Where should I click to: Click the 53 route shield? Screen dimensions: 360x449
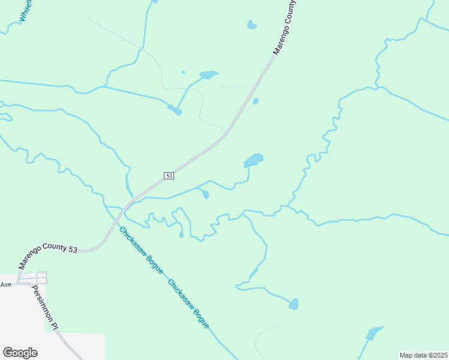pyautogui.click(x=169, y=175)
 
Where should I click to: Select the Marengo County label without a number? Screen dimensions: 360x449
pyautogui.click(x=285, y=27)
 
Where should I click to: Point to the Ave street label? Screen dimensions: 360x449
pyautogui.click(x=6, y=284)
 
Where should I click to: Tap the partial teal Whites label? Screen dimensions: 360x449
pyautogui.click(x=25, y=11)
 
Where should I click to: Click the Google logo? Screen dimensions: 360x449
pyautogui.click(x=20, y=352)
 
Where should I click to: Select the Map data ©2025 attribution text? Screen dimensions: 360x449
pyautogui.click(x=424, y=355)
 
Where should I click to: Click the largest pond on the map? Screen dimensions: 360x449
pyautogui.click(x=253, y=160)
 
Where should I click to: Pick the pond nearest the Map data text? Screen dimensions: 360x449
pyautogui.click(x=374, y=333)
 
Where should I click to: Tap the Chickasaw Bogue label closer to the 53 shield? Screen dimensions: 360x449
pyautogui.click(x=140, y=250)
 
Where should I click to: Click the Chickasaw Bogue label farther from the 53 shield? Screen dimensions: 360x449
pyautogui.click(x=188, y=304)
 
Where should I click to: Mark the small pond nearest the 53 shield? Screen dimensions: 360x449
pyautogui.click(x=205, y=194)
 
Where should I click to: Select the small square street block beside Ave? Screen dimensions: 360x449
pyautogui.click(x=41, y=278)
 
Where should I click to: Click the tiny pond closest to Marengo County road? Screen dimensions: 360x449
pyautogui.click(x=255, y=101)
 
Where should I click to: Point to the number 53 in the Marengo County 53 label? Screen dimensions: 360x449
pyautogui.click(x=72, y=249)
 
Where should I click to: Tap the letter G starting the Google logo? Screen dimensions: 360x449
pyautogui.click(x=8, y=352)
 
